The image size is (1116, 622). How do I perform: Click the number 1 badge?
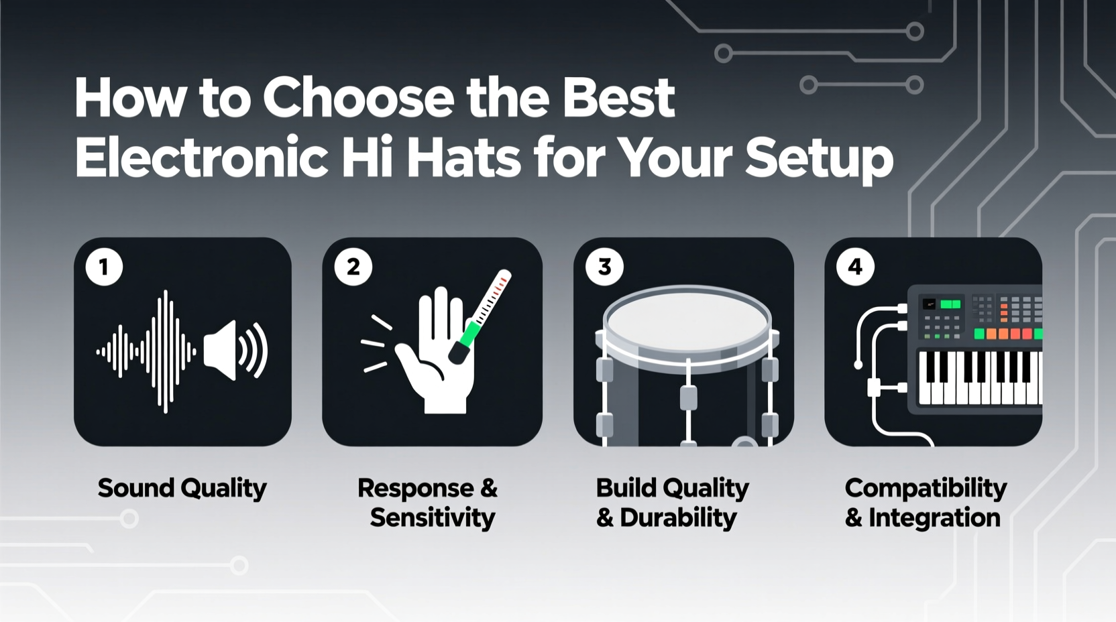(104, 267)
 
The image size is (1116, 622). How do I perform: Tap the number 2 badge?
(353, 267)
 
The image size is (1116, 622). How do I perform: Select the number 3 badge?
(604, 267)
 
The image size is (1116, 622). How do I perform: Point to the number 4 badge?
(855, 267)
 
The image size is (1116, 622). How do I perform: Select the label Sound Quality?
(182, 489)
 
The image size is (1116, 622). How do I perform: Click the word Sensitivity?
(433, 518)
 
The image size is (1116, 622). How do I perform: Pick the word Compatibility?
(926, 489)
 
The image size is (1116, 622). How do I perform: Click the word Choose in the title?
(359, 98)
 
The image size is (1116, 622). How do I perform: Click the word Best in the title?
(618, 98)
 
